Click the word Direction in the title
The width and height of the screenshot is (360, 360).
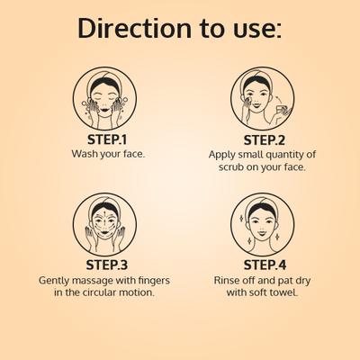click(135, 29)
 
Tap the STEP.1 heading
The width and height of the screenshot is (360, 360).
click(107, 139)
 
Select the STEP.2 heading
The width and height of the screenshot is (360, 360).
click(265, 140)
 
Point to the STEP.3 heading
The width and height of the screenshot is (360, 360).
click(106, 265)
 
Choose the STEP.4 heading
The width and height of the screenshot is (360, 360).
click(265, 265)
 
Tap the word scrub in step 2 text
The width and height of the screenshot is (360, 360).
click(231, 166)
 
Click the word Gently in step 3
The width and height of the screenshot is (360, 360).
click(54, 281)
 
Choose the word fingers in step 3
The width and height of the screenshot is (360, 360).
click(154, 281)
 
